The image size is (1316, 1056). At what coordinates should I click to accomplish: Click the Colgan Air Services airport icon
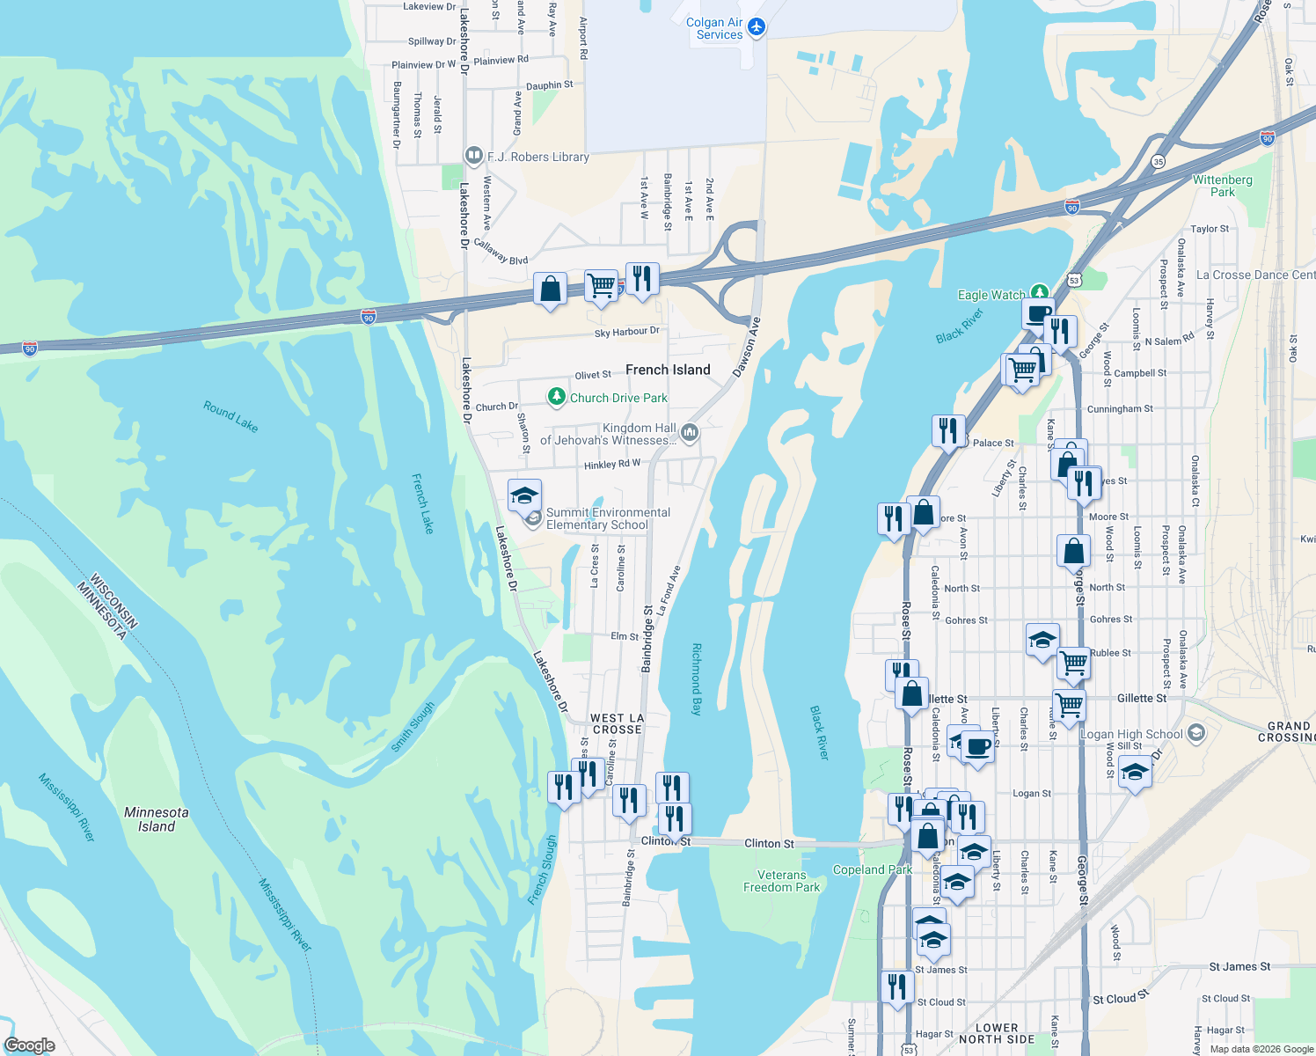[756, 28]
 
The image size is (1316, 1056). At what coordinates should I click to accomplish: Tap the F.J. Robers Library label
[538, 157]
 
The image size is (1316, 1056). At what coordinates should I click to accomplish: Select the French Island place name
[668, 370]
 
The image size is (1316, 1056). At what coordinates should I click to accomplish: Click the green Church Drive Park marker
[556, 398]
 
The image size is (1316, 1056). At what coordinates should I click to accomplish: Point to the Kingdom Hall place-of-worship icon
[690, 431]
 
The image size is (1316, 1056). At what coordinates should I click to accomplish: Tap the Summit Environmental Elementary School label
[608, 518]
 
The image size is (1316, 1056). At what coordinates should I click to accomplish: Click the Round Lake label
[230, 416]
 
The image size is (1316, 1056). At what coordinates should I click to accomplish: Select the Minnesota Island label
[157, 819]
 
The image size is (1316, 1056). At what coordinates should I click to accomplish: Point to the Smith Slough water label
[413, 726]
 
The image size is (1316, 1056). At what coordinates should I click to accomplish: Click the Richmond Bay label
[697, 678]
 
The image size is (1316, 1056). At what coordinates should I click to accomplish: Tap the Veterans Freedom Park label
[781, 881]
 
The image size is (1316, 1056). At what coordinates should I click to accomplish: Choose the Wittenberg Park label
[1222, 186]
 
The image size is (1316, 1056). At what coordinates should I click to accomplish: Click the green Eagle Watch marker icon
[1040, 292]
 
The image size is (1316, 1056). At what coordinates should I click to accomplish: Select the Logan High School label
[1131, 734]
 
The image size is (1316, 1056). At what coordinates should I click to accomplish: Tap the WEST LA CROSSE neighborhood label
[618, 723]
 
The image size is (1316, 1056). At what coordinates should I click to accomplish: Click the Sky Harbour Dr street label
[626, 332]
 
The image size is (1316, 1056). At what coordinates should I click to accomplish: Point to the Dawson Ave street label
[746, 348]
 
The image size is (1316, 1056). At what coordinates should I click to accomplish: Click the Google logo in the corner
[30, 1045]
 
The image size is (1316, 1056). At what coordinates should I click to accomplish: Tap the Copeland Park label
[873, 869]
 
